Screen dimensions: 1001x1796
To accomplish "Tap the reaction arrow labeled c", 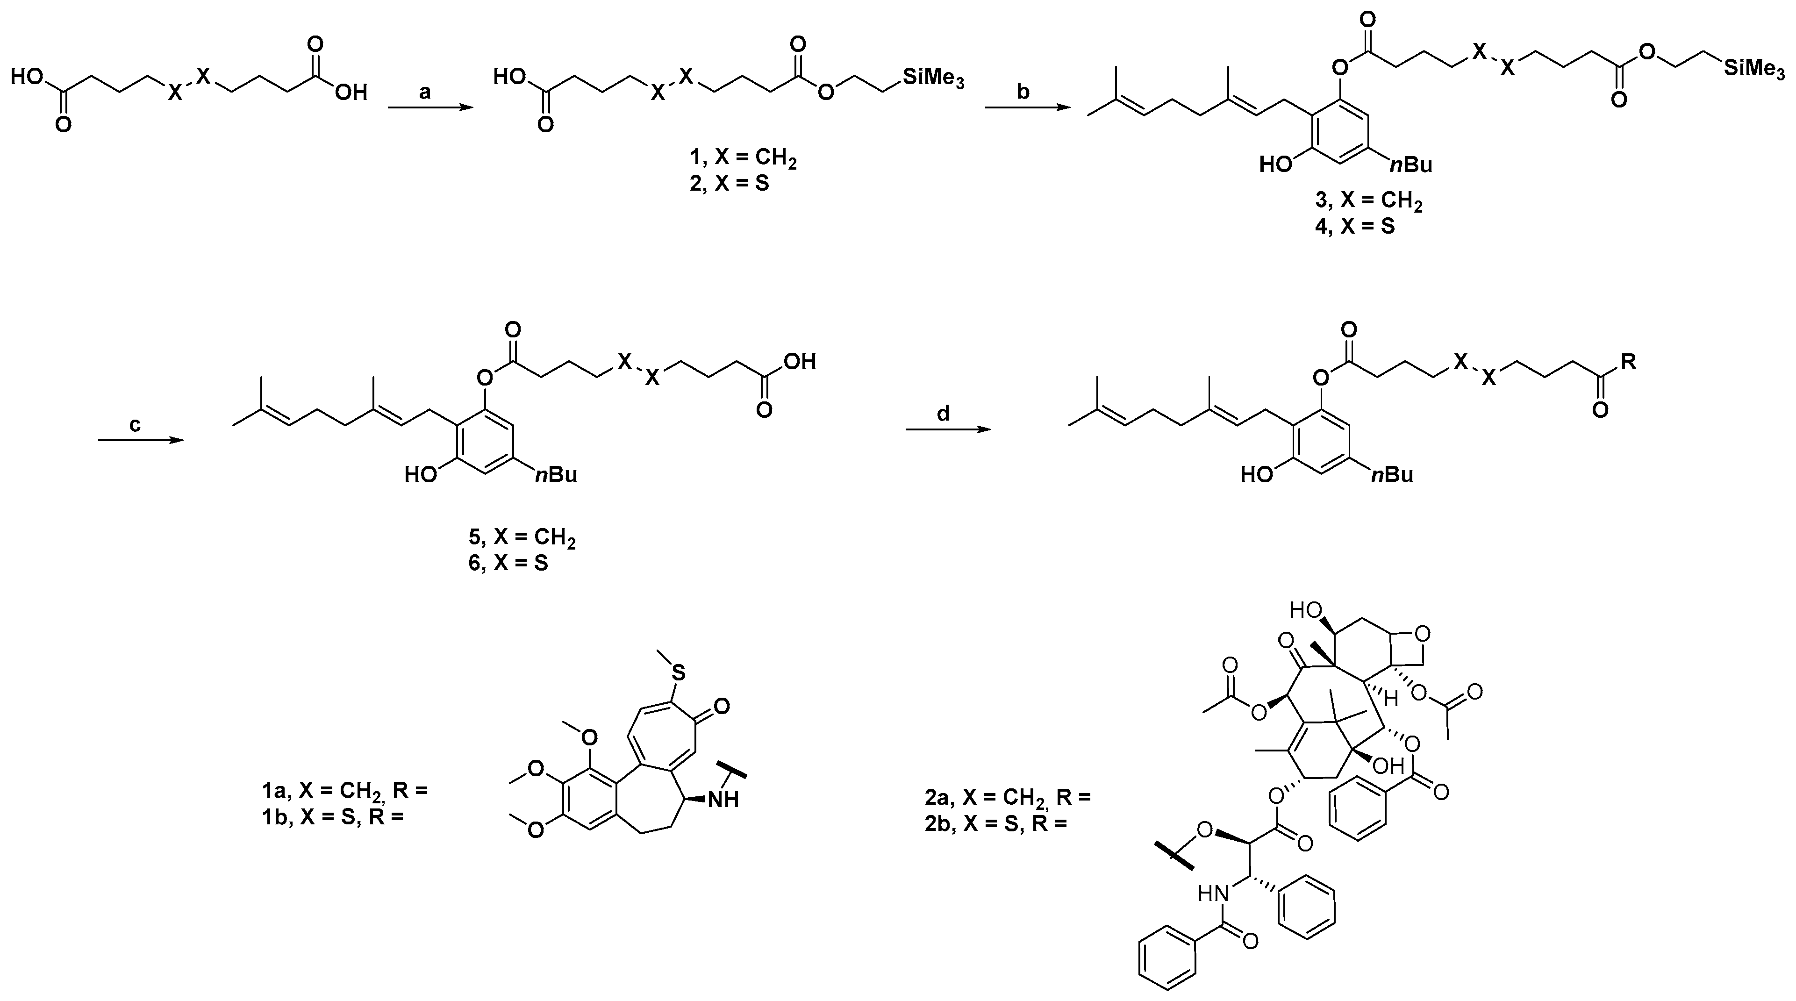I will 139,440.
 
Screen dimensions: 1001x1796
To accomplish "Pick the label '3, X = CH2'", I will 1368,202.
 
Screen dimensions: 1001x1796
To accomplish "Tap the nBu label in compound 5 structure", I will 556,475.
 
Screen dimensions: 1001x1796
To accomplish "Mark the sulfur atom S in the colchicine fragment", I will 678,672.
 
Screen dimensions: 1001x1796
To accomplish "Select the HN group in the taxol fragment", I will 1212,893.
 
